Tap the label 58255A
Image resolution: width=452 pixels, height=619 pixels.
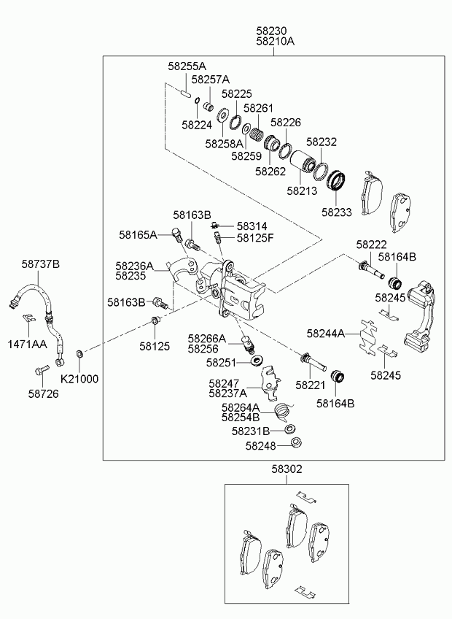(187, 66)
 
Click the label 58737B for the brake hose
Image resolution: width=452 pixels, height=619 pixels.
(40, 264)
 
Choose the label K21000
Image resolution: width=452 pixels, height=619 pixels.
(79, 380)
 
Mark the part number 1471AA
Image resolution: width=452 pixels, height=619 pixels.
(27, 343)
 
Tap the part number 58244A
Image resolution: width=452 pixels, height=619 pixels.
(326, 334)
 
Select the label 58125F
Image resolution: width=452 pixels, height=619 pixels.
(255, 238)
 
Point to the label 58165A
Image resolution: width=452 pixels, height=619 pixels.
(139, 235)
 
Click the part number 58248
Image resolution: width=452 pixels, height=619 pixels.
(261, 445)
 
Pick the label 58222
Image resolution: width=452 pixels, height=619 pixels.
(372, 245)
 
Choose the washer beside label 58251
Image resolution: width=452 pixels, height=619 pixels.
(257, 361)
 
